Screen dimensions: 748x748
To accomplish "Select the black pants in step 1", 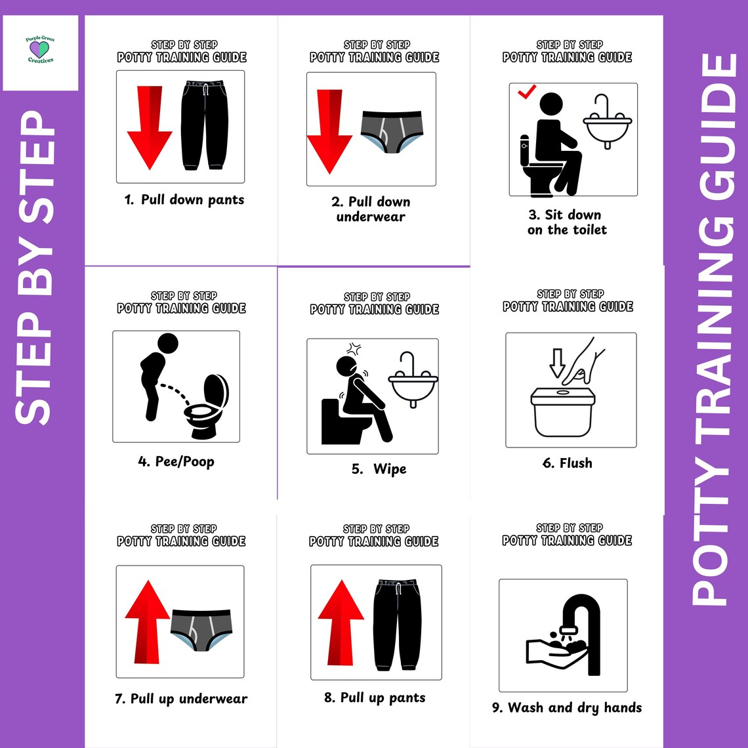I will [x=205, y=125].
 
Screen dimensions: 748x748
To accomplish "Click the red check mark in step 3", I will [x=527, y=93].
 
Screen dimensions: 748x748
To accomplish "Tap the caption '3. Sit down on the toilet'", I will [x=567, y=222].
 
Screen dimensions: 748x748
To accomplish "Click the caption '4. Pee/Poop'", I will [x=176, y=462].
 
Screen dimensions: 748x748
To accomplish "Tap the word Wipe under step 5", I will [x=390, y=469].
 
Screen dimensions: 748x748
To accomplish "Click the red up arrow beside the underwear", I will [x=147, y=621].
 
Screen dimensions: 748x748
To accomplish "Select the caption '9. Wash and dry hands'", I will [x=567, y=708].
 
